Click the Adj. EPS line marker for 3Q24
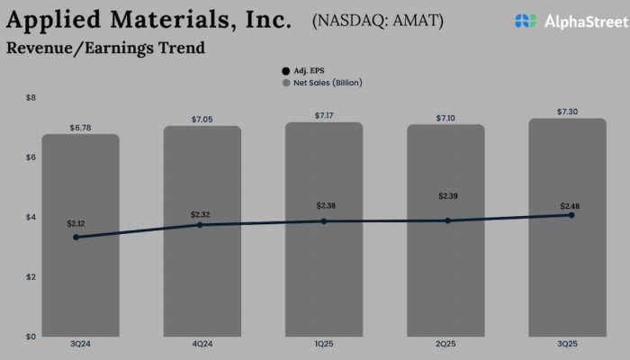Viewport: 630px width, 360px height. click(76, 237)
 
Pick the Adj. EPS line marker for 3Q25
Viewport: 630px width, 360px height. click(571, 215)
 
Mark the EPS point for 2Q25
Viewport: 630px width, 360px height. click(447, 220)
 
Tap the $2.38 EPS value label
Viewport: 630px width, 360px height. click(326, 206)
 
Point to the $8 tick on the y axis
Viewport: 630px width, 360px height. click(30, 97)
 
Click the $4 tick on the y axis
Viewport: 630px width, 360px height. click(30, 217)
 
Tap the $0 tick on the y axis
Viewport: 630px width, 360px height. click(30, 337)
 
